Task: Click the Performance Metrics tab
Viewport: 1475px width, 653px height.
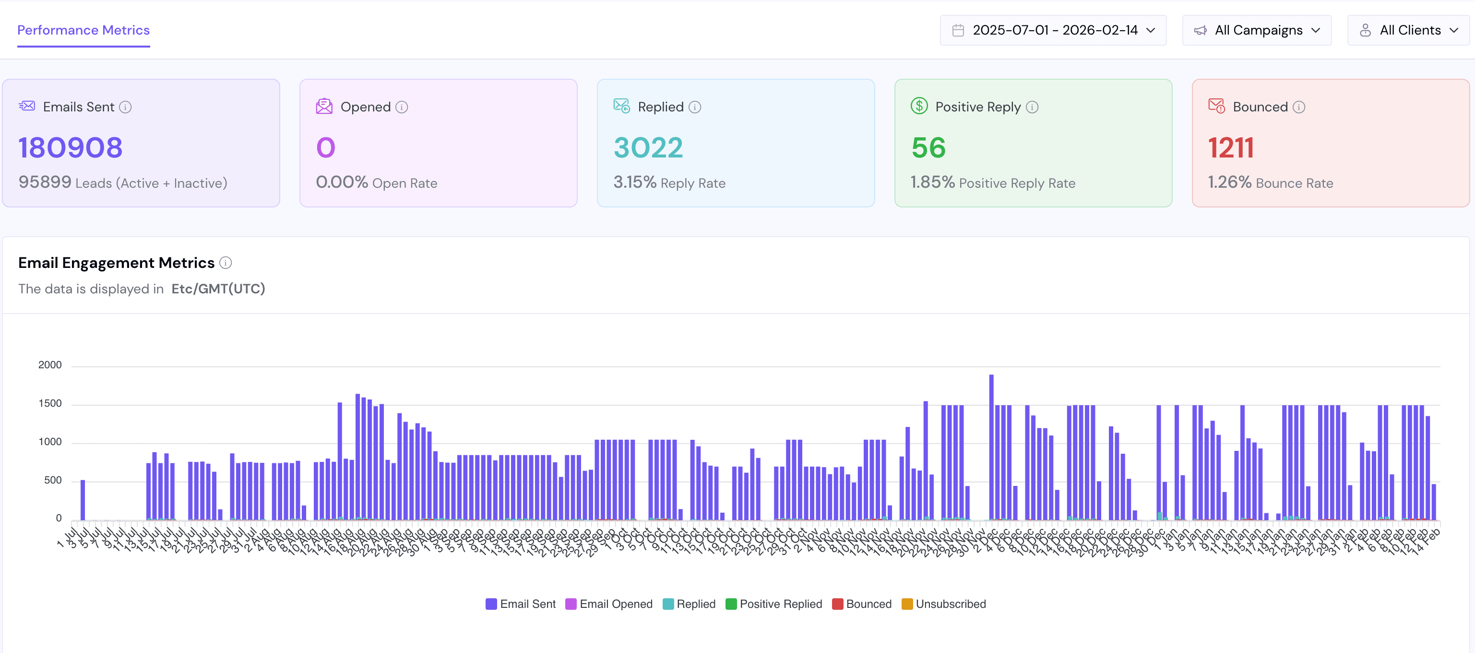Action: [x=83, y=30]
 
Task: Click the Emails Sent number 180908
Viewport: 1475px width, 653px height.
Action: [x=71, y=148]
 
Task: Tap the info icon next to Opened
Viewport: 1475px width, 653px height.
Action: [x=402, y=107]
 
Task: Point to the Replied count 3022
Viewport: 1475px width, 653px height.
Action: [x=648, y=148]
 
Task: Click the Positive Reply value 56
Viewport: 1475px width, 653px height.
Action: [x=928, y=148]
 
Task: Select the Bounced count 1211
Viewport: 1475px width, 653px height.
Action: [x=1230, y=148]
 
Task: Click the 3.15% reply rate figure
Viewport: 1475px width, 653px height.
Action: [x=634, y=182]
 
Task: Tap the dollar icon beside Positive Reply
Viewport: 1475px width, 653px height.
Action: [x=919, y=106]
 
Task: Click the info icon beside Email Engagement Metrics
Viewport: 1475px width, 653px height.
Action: [x=226, y=263]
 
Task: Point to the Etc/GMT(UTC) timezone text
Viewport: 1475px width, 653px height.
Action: [x=218, y=289]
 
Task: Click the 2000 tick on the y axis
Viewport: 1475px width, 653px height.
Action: [x=50, y=365]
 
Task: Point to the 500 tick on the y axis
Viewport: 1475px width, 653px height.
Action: [x=53, y=480]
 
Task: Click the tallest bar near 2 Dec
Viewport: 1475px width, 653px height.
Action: [x=991, y=447]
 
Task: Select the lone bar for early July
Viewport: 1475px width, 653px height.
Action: [x=83, y=499]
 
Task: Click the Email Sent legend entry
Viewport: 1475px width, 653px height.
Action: [x=521, y=604]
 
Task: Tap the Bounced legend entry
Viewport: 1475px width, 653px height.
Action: [x=862, y=604]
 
